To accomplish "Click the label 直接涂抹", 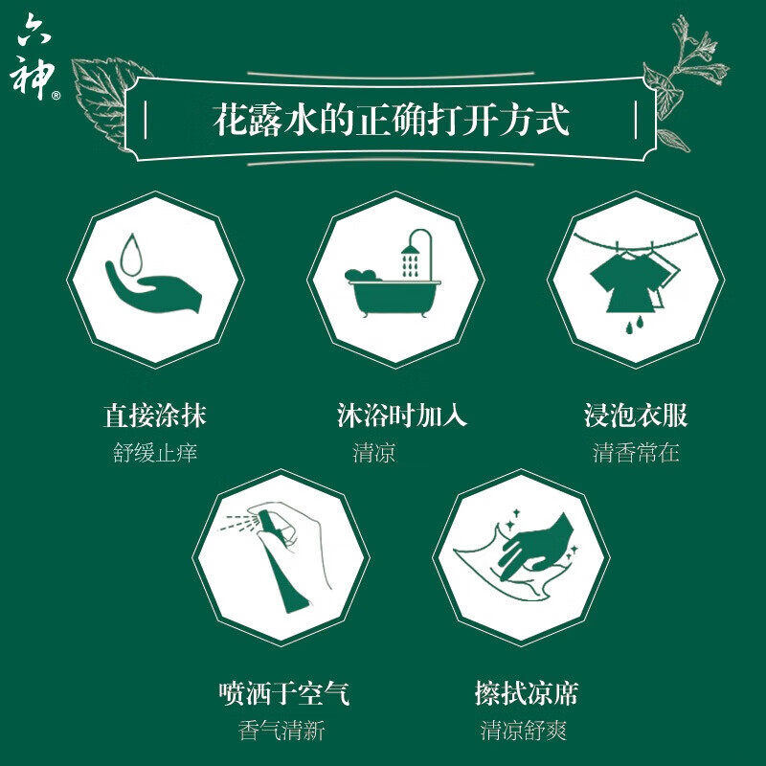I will tap(155, 416).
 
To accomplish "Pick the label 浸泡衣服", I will tap(636, 416).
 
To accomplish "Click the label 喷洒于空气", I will tap(282, 692).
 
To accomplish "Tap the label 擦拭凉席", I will tap(526, 692).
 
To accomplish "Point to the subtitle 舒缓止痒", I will tap(155, 453).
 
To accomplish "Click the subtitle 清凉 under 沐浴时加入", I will tap(374, 453).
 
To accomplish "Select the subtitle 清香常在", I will tap(636, 453).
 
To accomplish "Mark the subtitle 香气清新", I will tap(282, 731).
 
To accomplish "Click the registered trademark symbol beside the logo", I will tap(56, 96).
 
